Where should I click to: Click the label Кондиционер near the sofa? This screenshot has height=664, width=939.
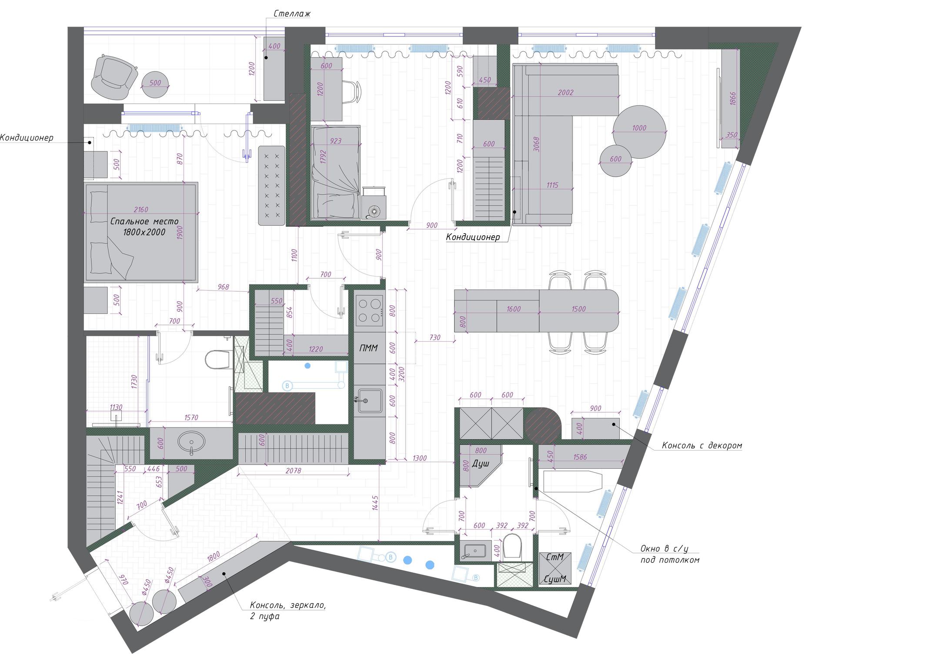tap(473, 237)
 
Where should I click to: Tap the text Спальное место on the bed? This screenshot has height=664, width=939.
tap(144, 221)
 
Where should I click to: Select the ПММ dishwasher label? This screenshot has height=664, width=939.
tap(368, 348)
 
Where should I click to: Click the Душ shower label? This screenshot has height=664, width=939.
tap(481, 464)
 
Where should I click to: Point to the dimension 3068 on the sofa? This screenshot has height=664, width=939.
tap(536, 144)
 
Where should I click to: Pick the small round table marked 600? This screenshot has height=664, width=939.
tap(615, 159)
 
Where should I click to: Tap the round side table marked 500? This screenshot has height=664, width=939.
tap(155, 83)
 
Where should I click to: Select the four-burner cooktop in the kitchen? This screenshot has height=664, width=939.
tap(369, 310)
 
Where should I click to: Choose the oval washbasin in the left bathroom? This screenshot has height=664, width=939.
tap(191, 442)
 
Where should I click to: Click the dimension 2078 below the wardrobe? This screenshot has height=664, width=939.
tap(293, 470)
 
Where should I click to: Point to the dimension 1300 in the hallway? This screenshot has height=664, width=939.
tap(419, 458)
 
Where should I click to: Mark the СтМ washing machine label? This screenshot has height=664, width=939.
tap(555, 557)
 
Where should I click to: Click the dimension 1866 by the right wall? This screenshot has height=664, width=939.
tap(732, 99)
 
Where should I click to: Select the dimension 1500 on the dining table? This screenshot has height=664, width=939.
tap(578, 309)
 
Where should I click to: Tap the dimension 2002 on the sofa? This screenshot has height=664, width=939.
tap(565, 92)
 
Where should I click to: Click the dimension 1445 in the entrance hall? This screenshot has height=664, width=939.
tap(375, 503)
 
